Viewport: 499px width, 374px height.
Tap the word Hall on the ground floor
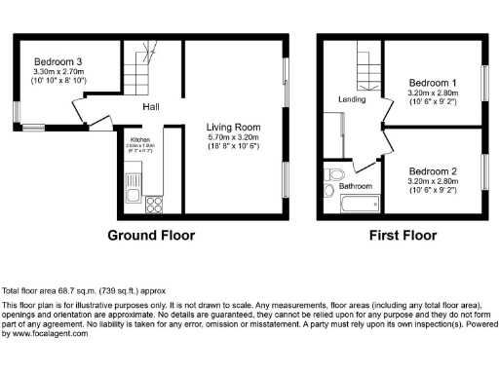152,107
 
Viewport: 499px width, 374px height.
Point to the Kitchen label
140,139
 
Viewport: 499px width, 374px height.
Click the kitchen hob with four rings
153,204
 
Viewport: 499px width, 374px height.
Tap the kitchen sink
135,181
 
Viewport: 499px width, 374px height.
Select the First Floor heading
400,235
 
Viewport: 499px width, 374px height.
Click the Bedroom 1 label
433,81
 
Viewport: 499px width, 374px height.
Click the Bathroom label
355,185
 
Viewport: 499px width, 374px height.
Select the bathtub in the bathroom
359,206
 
